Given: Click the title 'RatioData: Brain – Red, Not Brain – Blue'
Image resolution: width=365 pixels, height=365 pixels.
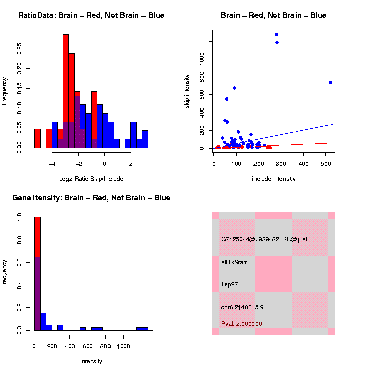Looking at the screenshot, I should click(91, 16).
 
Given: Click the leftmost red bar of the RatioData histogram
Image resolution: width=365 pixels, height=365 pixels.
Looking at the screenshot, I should click(38, 138).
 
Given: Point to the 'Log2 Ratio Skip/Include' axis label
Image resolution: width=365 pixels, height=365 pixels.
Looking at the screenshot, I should click(91, 178).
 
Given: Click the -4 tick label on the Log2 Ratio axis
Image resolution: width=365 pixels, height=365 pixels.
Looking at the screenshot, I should click(52, 164).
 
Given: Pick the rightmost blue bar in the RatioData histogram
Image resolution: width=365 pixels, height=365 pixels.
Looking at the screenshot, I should click(145, 139).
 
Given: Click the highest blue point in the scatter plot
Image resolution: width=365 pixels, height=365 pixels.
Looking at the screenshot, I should click(276, 35).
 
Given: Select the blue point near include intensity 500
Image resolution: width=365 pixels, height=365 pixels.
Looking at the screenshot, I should click(330, 83).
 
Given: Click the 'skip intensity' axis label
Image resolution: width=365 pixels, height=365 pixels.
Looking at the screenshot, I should click(187, 90).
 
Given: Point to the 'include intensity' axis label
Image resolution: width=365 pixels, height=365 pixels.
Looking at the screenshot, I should click(274, 179).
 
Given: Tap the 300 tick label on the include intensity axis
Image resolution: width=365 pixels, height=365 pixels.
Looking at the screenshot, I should click(281, 164).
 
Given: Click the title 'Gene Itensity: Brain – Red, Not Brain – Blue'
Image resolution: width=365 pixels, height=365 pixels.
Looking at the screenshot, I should click(91, 198).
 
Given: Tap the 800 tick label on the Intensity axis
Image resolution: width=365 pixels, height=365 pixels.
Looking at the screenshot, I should click(105, 346).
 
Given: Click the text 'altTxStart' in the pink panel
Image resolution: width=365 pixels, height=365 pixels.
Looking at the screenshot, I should click(234, 262).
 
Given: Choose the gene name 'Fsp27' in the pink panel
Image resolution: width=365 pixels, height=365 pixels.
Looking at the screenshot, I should click(230, 284).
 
